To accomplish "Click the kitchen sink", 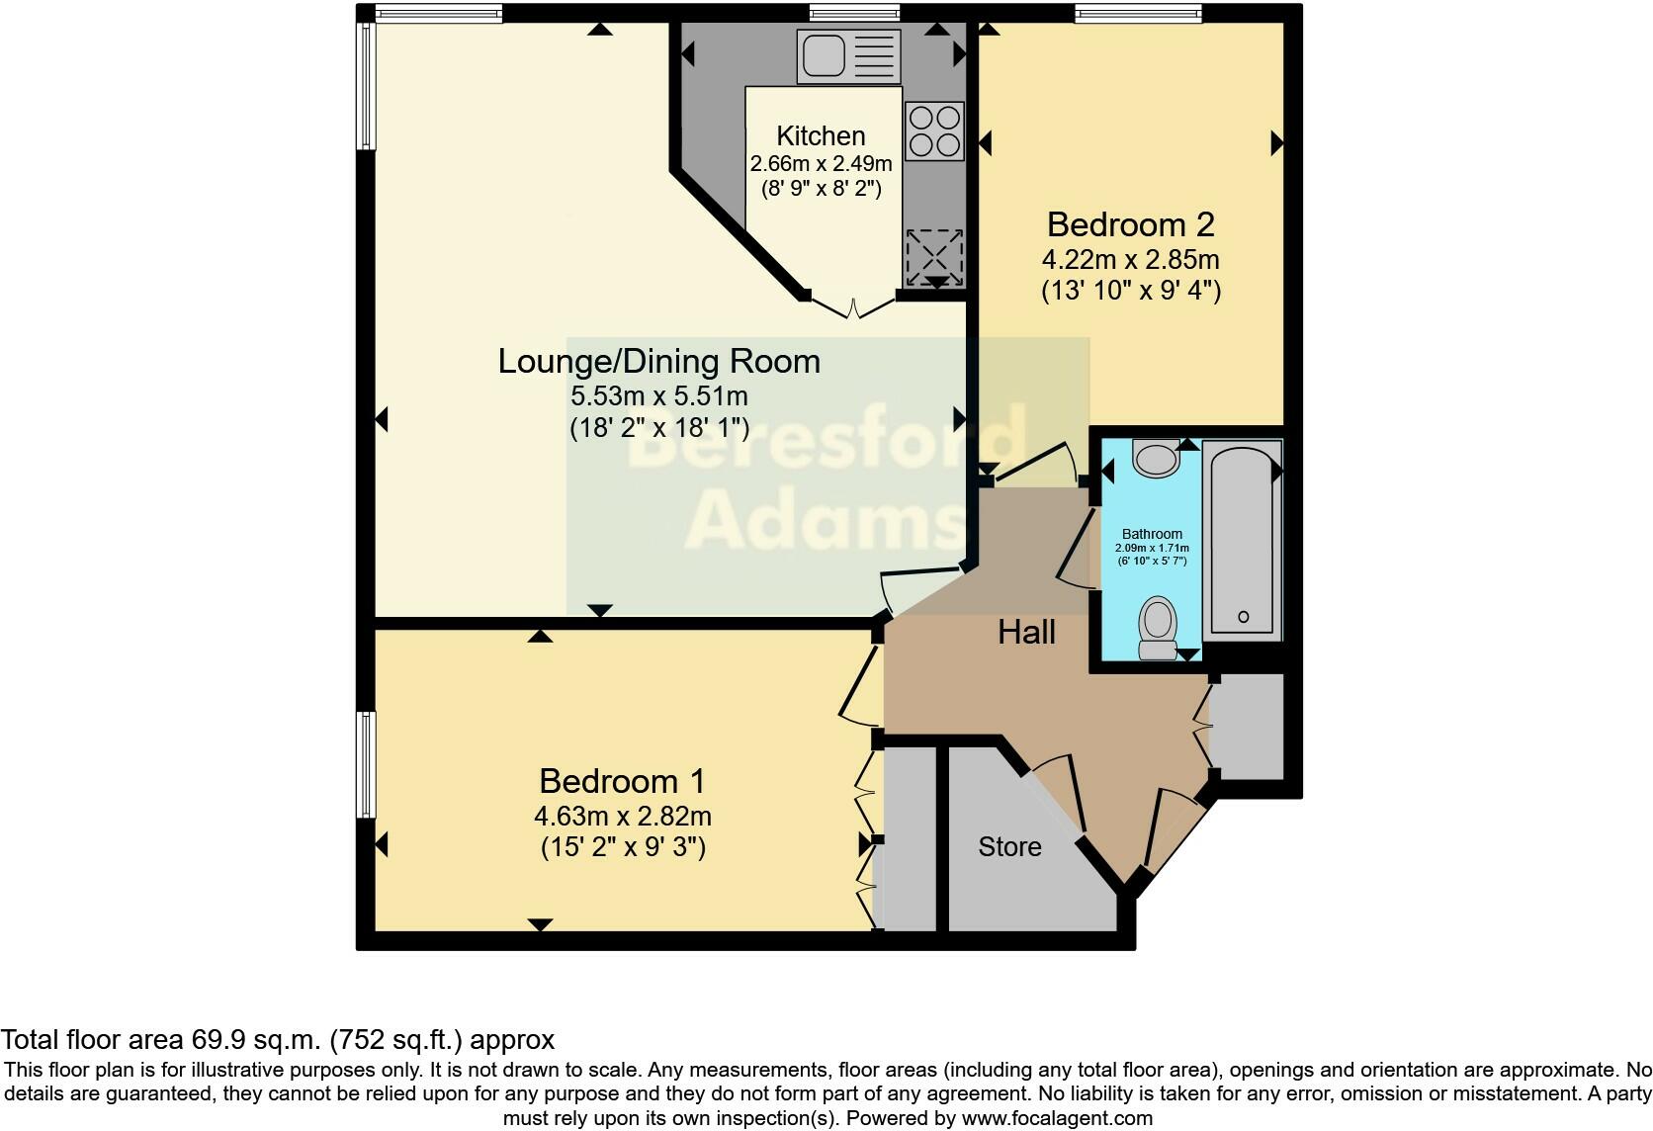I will (849, 55).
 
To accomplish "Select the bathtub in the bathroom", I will (1243, 539).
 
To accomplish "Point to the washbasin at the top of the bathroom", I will (1156, 459).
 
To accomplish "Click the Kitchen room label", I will (821, 135).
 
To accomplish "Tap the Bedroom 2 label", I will (1130, 224).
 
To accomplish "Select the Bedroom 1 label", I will (622, 781).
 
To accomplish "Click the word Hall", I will (1026, 632).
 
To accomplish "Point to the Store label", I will (1009, 846).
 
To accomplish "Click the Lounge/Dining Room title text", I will (658, 361).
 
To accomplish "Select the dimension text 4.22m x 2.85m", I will (1130, 260).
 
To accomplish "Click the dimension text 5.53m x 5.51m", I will (658, 396).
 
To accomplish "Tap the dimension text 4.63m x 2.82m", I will (622, 817).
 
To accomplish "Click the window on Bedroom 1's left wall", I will (367, 764).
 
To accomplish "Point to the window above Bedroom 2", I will (1138, 13).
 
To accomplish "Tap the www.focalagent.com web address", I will (1056, 1119).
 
